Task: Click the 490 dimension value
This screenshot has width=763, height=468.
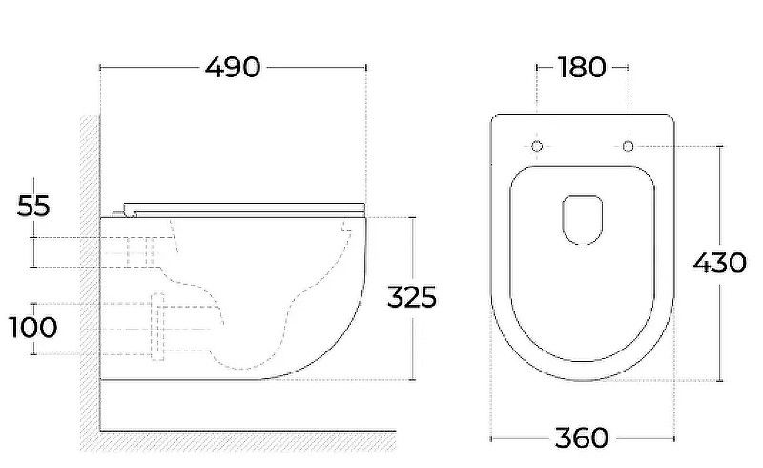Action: coord(233,67)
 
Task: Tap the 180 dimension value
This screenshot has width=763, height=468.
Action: coord(582,67)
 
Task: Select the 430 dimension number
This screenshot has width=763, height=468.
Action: coord(720,264)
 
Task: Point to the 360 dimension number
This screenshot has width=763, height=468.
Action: coord(582,437)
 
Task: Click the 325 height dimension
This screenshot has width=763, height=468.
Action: coord(412,297)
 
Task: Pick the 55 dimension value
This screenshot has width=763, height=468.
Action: coord(33,205)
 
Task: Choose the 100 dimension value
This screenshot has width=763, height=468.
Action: coord(33,327)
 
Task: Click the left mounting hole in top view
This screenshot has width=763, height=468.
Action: coord(537,146)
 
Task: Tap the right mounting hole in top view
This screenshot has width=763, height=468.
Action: coord(629,146)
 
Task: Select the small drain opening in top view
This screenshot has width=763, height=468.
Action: coord(583,220)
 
